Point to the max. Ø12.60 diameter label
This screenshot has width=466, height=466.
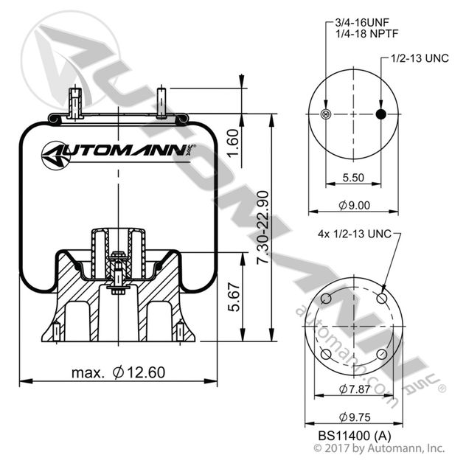point(118,373)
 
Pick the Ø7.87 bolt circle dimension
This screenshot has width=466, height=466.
point(353,389)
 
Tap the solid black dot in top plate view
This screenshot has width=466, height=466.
point(380,114)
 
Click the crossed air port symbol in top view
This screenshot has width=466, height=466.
point(327,114)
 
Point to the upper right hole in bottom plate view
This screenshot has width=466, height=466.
point(381,299)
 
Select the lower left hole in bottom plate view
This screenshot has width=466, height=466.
point(326,355)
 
